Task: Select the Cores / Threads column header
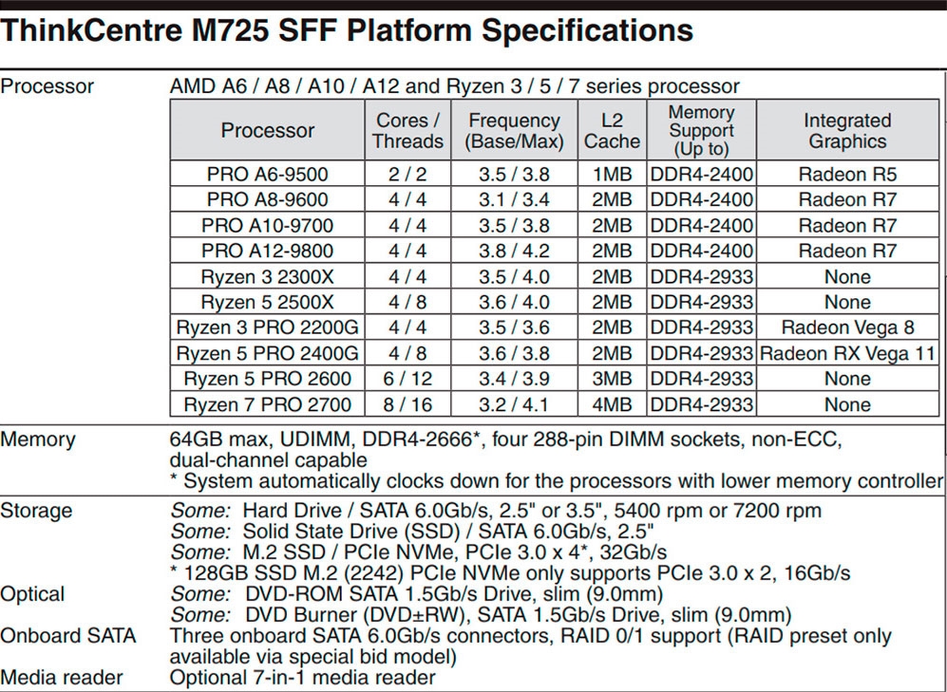[x=407, y=131]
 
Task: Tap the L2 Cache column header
[x=612, y=131]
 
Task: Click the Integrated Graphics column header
[x=846, y=131]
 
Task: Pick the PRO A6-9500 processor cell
[x=267, y=175]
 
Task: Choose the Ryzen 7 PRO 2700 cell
[x=267, y=404]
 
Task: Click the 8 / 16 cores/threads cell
[x=407, y=404]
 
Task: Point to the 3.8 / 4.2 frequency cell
[x=514, y=252]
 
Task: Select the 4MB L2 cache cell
[x=612, y=404]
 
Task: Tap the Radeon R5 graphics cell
[x=846, y=175]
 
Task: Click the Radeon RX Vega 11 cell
[x=846, y=353]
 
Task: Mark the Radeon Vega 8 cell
[x=846, y=327]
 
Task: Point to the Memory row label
[x=38, y=440]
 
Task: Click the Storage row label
[x=36, y=511]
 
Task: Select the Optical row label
[x=33, y=594]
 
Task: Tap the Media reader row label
[x=62, y=678]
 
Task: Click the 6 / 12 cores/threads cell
[x=407, y=379]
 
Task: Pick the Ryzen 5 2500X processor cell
[x=267, y=302]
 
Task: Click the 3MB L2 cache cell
[x=612, y=379]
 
